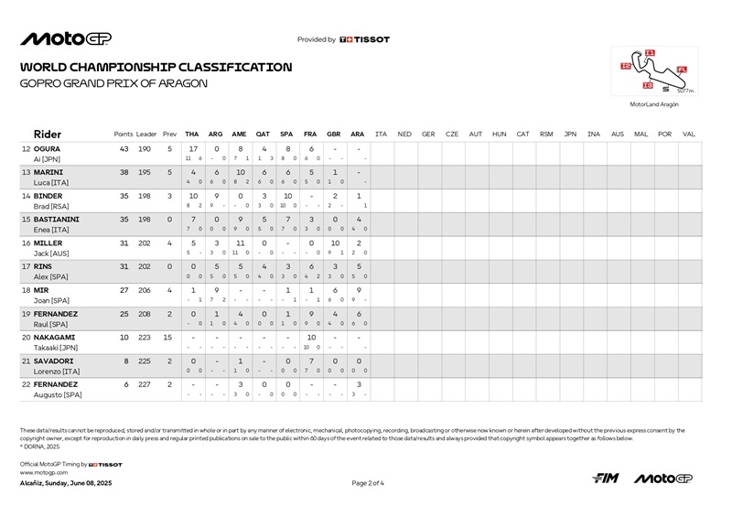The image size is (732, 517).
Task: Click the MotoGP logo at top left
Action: (x=65, y=39)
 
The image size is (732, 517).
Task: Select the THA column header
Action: (x=192, y=134)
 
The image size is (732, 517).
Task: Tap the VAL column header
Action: (x=689, y=134)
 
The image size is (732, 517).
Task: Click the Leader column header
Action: (x=146, y=134)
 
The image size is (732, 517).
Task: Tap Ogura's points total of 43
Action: (x=124, y=148)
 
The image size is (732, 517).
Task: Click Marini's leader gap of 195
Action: (x=146, y=172)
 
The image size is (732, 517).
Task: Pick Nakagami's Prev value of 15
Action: (x=168, y=338)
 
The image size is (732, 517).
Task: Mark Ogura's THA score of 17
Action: (x=193, y=148)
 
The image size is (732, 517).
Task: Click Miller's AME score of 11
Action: (x=240, y=242)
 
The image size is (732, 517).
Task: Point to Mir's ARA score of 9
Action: (x=358, y=290)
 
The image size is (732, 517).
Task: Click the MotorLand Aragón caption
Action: (x=655, y=105)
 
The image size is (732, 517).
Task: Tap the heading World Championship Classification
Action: (x=156, y=67)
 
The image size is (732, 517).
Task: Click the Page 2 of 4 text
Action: (x=368, y=482)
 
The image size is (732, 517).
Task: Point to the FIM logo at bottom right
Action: (x=606, y=479)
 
